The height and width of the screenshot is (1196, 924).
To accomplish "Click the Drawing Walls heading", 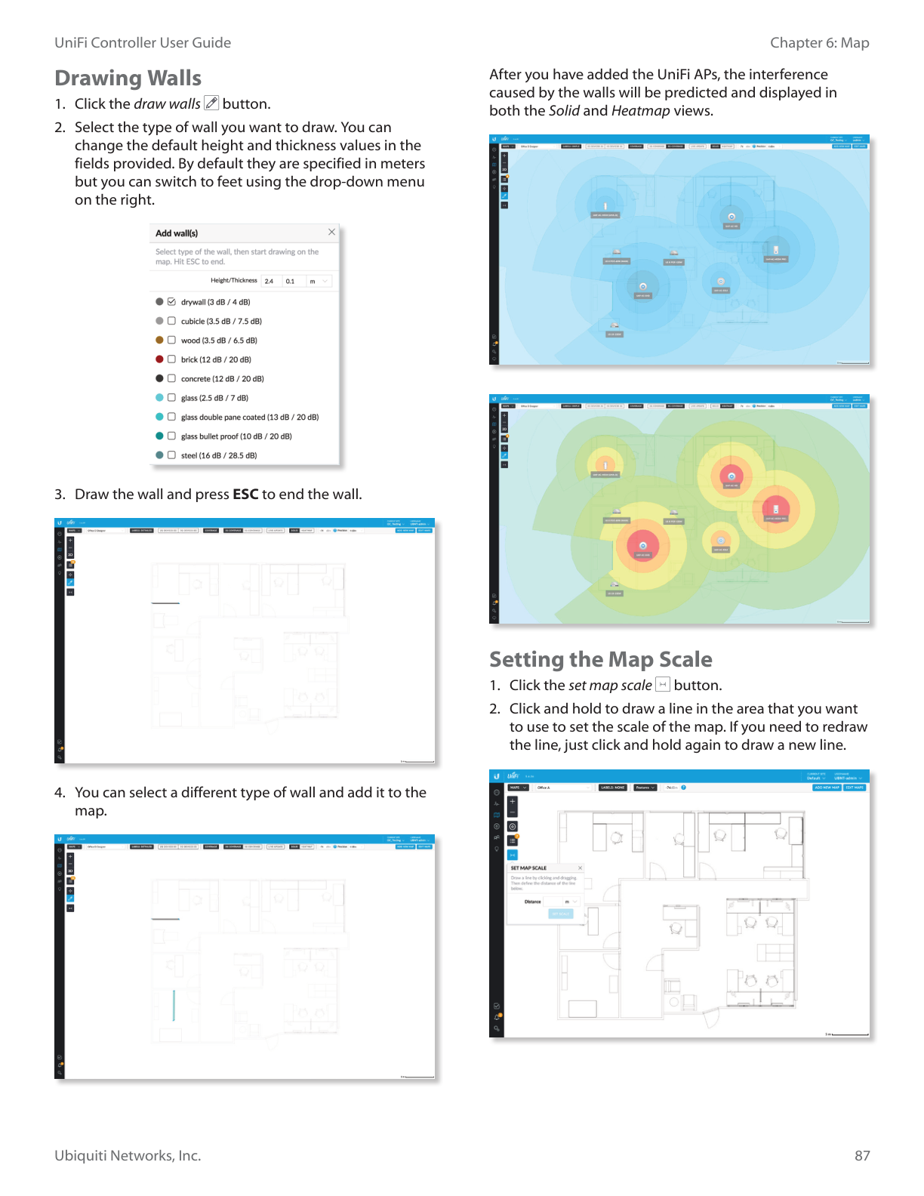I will click(x=128, y=79).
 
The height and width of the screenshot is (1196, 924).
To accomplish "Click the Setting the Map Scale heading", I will click(x=600, y=660).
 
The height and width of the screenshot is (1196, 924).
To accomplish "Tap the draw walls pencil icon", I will click(x=211, y=103).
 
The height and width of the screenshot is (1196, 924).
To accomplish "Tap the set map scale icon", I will click(x=663, y=685).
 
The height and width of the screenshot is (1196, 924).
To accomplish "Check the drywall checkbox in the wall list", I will click(x=171, y=302).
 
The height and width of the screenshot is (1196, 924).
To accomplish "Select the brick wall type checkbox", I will click(x=171, y=359).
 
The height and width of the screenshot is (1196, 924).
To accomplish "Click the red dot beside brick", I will click(x=159, y=359).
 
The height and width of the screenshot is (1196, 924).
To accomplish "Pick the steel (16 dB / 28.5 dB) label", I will click(x=218, y=455).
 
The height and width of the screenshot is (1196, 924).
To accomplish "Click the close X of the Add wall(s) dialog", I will click(x=331, y=233).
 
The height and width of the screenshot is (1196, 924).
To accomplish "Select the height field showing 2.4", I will click(x=269, y=282).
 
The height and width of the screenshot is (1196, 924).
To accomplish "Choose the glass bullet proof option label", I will click(x=236, y=436).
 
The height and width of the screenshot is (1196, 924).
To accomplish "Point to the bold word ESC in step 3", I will click(x=245, y=495).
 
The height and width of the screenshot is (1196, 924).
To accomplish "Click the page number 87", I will click(x=862, y=1156).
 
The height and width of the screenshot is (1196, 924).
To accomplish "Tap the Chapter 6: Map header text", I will click(x=819, y=43).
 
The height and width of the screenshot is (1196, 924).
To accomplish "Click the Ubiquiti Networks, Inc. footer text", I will click(x=128, y=1156).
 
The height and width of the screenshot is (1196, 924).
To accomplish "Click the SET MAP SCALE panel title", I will click(x=528, y=868).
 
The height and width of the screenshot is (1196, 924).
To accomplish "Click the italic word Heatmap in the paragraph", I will click(x=640, y=111).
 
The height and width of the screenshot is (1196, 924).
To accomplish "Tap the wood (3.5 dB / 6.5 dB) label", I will click(x=218, y=341).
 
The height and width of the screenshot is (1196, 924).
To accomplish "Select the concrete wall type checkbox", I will click(x=171, y=379).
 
